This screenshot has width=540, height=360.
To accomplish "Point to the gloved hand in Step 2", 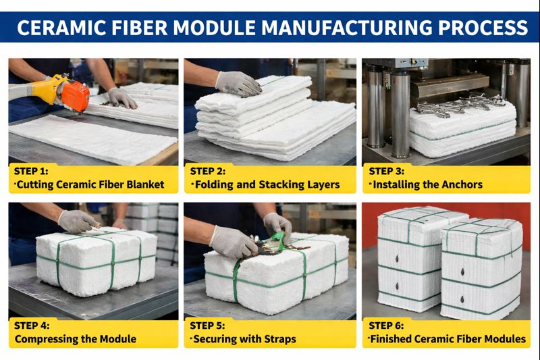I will click(238, 84).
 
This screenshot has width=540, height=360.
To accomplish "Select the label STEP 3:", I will click(388, 171).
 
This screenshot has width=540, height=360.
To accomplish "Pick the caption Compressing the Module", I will click(75, 339).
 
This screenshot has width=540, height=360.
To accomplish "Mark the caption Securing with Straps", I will click(244, 339).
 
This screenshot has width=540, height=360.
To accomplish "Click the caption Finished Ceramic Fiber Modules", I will click(447, 339).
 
